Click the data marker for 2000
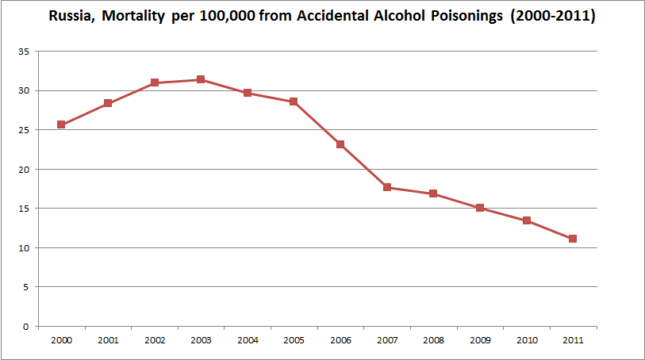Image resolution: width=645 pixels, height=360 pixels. click(x=61, y=124)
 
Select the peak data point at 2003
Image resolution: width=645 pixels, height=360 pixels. click(x=201, y=79)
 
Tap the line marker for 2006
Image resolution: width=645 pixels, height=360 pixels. click(x=340, y=144)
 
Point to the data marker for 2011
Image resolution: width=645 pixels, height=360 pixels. click(x=572, y=239)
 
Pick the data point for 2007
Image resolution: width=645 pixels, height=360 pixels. click(x=386, y=187)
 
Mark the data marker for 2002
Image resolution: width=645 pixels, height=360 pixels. click(x=155, y=82)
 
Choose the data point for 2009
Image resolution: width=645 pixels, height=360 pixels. click(x=480, y=208)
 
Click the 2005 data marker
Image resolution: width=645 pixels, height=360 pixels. click(x=294, y=101)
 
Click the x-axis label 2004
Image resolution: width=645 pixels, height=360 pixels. click(x=248, y=340)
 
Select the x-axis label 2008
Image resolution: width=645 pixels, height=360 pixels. click(x=433, y=340)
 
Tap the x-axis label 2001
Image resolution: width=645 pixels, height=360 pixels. click(x=108, y=340)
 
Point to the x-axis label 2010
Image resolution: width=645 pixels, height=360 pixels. click(x=526, y=340)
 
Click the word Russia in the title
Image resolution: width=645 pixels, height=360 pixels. click(x=71, y=17)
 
